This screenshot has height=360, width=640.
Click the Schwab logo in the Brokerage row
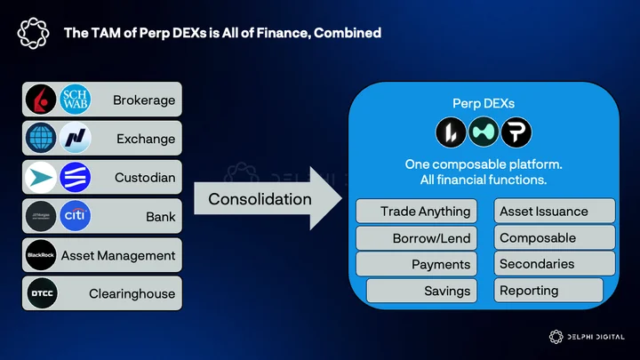click(x=75, y=100)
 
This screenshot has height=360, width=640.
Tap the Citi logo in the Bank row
click(x=75, y=215)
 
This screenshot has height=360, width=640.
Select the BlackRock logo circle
click(x=41, y=255)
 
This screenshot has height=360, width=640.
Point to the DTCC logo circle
click(x=42, y=293)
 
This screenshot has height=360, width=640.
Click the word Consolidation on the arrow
click(x=260, y=199)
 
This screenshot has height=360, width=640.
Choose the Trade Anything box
click(x=416, y=211)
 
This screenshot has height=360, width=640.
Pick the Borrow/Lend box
click(x=416, y=238)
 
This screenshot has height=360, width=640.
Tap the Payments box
click(x=416, y=264)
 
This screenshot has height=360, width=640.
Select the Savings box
click(x=421, y=291)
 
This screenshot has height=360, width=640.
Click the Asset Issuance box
click(x=555, y=211)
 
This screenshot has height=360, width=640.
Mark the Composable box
click(x=555, y=237)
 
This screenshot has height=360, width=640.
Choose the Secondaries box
click(x=555, y=264)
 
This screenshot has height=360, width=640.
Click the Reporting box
click(x=548, y=290)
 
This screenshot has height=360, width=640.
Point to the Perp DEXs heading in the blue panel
click(x=484, y=103)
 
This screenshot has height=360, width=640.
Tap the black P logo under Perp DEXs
click(x=516, y=132)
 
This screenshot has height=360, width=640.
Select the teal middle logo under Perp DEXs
click(x=484, y=132)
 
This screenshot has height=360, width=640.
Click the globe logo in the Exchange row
click(x=41, y=138)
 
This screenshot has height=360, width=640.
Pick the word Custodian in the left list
click(x=145, y=178)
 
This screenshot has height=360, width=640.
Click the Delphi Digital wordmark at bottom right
click(x=596, y=337)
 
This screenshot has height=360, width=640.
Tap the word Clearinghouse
click(x=132, y=293)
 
